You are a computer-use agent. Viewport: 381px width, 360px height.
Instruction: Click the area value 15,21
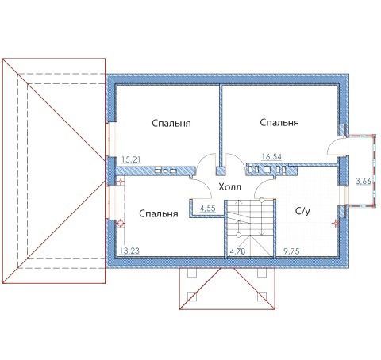[x=131, y=159]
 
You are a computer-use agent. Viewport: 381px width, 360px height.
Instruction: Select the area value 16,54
[x=271, y=157]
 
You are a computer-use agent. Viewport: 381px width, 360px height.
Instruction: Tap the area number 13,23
[x=129, y=251]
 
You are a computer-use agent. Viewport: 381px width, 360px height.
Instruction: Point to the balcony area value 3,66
[x=363, y=182]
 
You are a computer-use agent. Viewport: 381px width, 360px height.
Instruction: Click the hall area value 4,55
[x=208, y=209]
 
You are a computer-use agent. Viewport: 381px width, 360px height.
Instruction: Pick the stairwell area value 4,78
[x=237, y=251]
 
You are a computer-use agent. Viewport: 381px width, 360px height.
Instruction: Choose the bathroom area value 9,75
[x=291, y=251]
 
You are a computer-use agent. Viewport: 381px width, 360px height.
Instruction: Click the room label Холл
[x=229, y=187]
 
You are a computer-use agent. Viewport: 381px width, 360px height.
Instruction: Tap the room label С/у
[x=302, y=211]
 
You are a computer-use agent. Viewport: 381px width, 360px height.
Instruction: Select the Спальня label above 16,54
[x=279, y=123]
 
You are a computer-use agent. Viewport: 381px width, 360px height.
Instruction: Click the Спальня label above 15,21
[x=171, y=124]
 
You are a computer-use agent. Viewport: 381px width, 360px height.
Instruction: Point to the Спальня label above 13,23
[x=159, y=213]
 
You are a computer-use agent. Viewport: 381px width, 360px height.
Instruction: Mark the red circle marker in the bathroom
[x=336, y=224]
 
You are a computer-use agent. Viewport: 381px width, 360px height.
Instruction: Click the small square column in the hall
[x=221, y=170]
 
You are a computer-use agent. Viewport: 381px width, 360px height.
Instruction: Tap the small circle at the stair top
[x=262, y=200]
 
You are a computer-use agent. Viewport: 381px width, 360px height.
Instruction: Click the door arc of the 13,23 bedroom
[x=205, y=184]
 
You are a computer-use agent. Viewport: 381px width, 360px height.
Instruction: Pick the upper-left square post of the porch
[x=192, y=273]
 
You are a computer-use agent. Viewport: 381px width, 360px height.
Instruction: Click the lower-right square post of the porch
[x=262, y=297]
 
